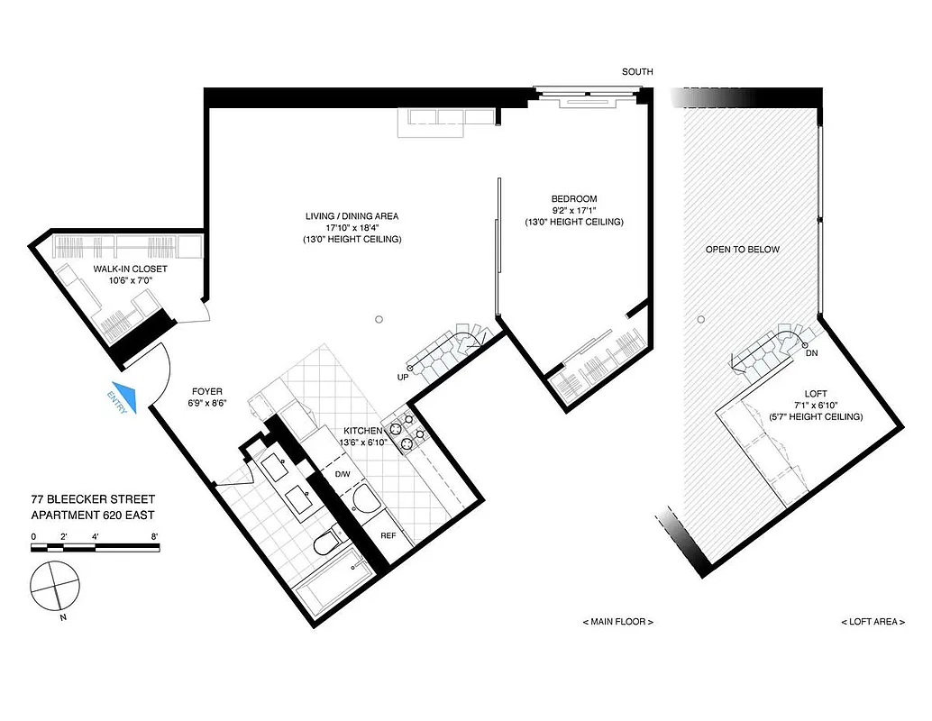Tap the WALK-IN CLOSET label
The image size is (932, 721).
131,269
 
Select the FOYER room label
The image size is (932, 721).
207,392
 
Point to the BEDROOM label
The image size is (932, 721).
574,199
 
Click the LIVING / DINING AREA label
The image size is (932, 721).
352,216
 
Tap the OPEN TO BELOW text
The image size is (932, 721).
743,250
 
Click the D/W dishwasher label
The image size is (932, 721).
343,474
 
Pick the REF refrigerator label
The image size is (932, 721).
388,535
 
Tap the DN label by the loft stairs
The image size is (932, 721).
810,353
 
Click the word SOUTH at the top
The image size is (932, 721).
637,72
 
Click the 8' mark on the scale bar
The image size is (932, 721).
155,536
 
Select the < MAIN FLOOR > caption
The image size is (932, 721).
618,622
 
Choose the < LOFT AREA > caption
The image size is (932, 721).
873,622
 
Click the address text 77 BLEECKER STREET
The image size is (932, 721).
93,499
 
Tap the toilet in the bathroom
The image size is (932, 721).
325,543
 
